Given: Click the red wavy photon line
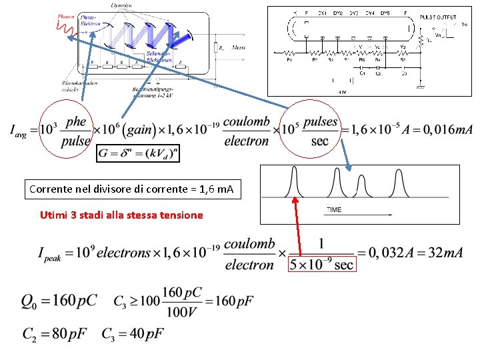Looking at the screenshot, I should click(64, 27).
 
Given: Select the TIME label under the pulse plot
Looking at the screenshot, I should click(334, 210).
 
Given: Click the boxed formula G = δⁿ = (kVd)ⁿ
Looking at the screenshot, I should click(138, 153).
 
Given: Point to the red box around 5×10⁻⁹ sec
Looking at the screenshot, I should click(321, 265).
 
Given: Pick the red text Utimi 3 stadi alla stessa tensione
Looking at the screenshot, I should click(121, 215).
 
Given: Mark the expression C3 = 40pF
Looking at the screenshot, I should click(133, 333).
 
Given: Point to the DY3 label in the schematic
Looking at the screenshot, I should click(353, 13).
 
